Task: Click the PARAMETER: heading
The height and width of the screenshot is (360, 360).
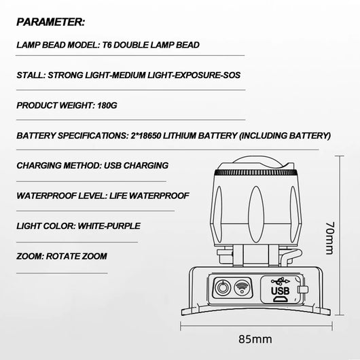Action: [x=51, y=22]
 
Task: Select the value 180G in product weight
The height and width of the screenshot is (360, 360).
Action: [x=107, y=105]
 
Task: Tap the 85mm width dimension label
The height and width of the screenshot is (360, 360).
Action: [x=255, y=339]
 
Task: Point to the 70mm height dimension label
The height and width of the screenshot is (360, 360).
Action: [x=330, y=238]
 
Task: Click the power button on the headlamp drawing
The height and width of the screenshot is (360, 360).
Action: [x=222, y=288]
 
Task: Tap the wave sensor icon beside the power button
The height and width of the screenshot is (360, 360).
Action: [x=242, y=288]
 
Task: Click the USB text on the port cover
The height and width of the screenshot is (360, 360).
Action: [x=281, y=291]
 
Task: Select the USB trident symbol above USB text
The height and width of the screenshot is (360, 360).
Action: [x=281, y=281]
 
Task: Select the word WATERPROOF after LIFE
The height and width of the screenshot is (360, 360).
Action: [x=159, y=196]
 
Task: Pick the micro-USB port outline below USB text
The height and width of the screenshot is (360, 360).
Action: [x=281, y=300]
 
